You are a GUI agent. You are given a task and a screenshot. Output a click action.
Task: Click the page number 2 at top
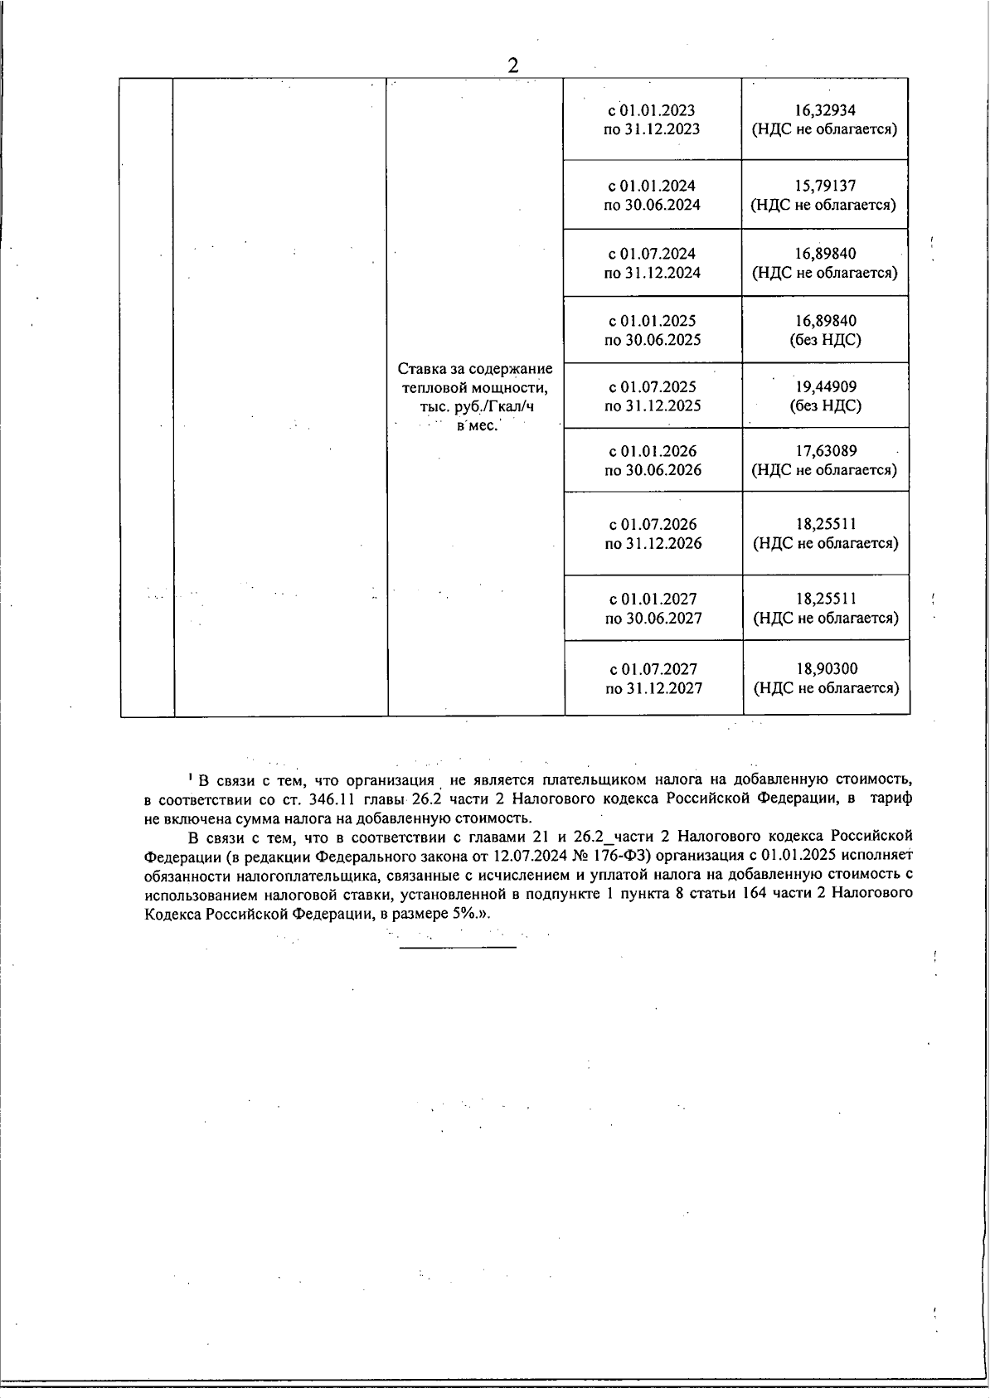tap(513, 66)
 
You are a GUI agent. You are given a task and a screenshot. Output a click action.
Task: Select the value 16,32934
tap(824, 110)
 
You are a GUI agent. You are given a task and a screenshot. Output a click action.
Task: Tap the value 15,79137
tap(824, 186)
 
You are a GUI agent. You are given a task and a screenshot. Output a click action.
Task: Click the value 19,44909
tap(825, 386)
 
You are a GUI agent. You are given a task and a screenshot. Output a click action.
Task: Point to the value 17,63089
tap(825, 451)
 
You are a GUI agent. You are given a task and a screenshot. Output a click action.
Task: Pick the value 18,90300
tap(826, 668)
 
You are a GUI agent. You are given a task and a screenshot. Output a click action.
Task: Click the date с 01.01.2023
tap(652, 110)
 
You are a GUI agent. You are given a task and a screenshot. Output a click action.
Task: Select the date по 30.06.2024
tap(652, 205)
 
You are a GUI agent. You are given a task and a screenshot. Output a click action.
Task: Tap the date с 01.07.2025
tap(653, 386)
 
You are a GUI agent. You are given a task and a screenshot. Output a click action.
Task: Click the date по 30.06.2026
tap(653, 470)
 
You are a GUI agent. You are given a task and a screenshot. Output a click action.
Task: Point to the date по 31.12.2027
tap(653, 687)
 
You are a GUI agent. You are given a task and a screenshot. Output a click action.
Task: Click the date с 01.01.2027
tap(653, 599)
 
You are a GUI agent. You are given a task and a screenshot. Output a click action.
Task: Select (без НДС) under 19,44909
tap(825, 405)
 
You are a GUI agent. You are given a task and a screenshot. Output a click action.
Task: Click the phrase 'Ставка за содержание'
tap(475, 368)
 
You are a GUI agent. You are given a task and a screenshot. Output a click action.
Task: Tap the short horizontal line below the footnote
tap(458, 946)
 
